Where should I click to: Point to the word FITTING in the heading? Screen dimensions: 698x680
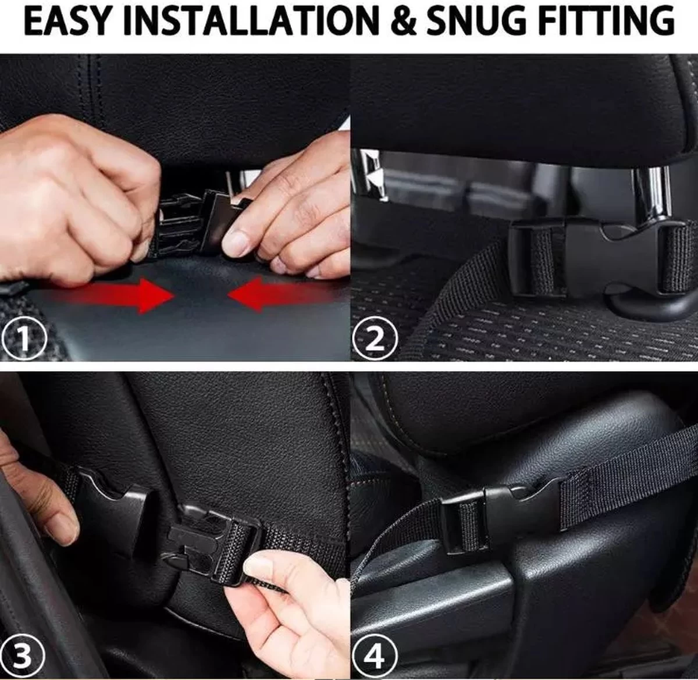[607, 22]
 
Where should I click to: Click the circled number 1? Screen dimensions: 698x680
[24, 339]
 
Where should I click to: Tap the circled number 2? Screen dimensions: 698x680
[375, 339]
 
